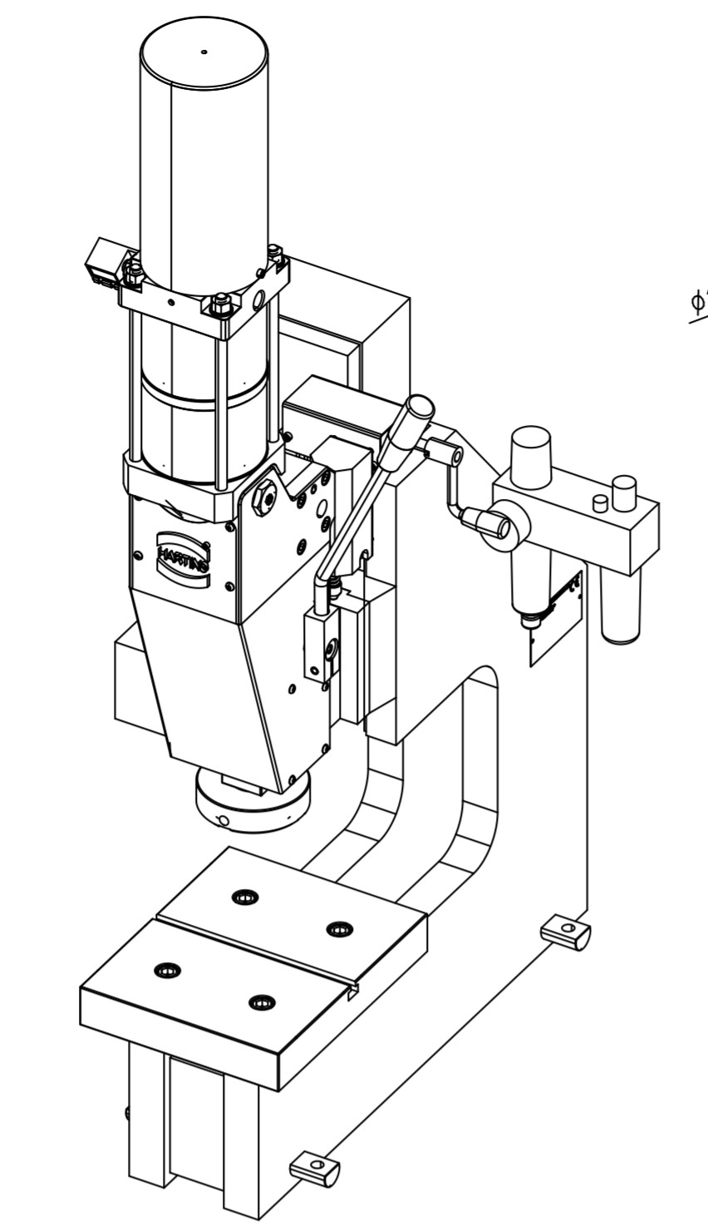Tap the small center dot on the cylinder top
click(x=204, y=52)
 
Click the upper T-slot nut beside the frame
click(x=566, y=931)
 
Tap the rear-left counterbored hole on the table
click(x=245, y=897)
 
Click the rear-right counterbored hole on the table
click(x=338, y=929)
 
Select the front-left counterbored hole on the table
click(x=168, y=970)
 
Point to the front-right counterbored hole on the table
click(x=262, y=1002)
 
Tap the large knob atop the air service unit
click(x=531, y=455)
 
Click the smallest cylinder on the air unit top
click(x=599, y=503)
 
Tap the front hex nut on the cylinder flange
click(x=220, y=305)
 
